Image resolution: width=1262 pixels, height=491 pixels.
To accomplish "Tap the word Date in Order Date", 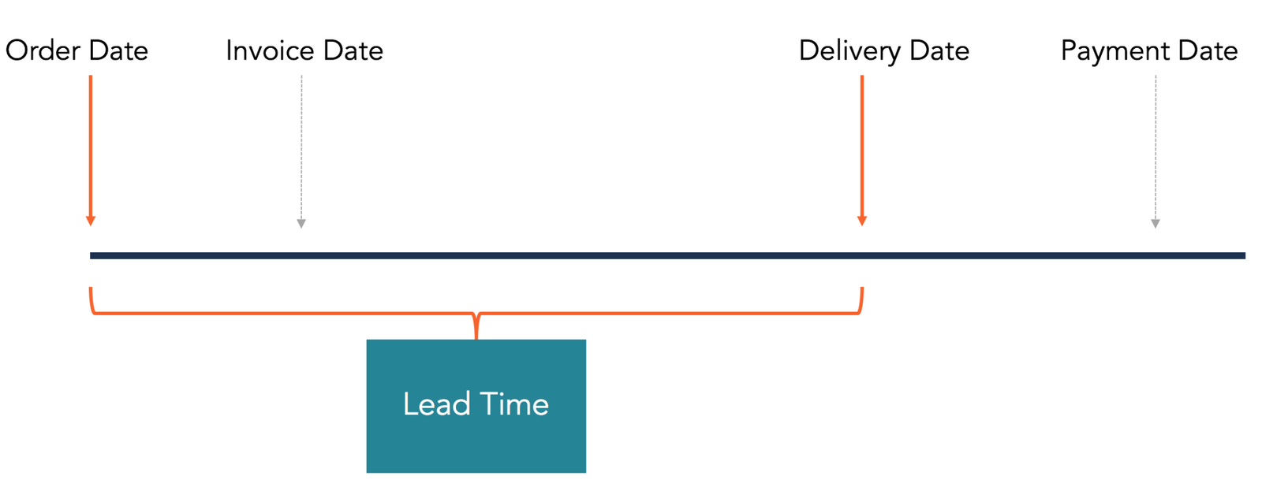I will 118,51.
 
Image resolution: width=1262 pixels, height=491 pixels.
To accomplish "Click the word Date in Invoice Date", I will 353,51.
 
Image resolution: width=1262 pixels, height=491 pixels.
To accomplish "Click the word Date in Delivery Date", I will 939,51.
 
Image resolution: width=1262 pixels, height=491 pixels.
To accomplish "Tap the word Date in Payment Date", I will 1208,51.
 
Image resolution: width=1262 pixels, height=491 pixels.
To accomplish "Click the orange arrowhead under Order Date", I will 91,221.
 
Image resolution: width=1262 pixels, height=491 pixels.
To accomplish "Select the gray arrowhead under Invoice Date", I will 301,224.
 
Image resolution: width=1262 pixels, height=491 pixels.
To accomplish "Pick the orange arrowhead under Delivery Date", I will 862,221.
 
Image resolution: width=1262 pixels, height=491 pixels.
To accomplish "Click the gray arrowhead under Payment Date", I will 1156,224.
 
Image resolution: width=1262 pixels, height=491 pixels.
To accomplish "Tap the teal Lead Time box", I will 476,441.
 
